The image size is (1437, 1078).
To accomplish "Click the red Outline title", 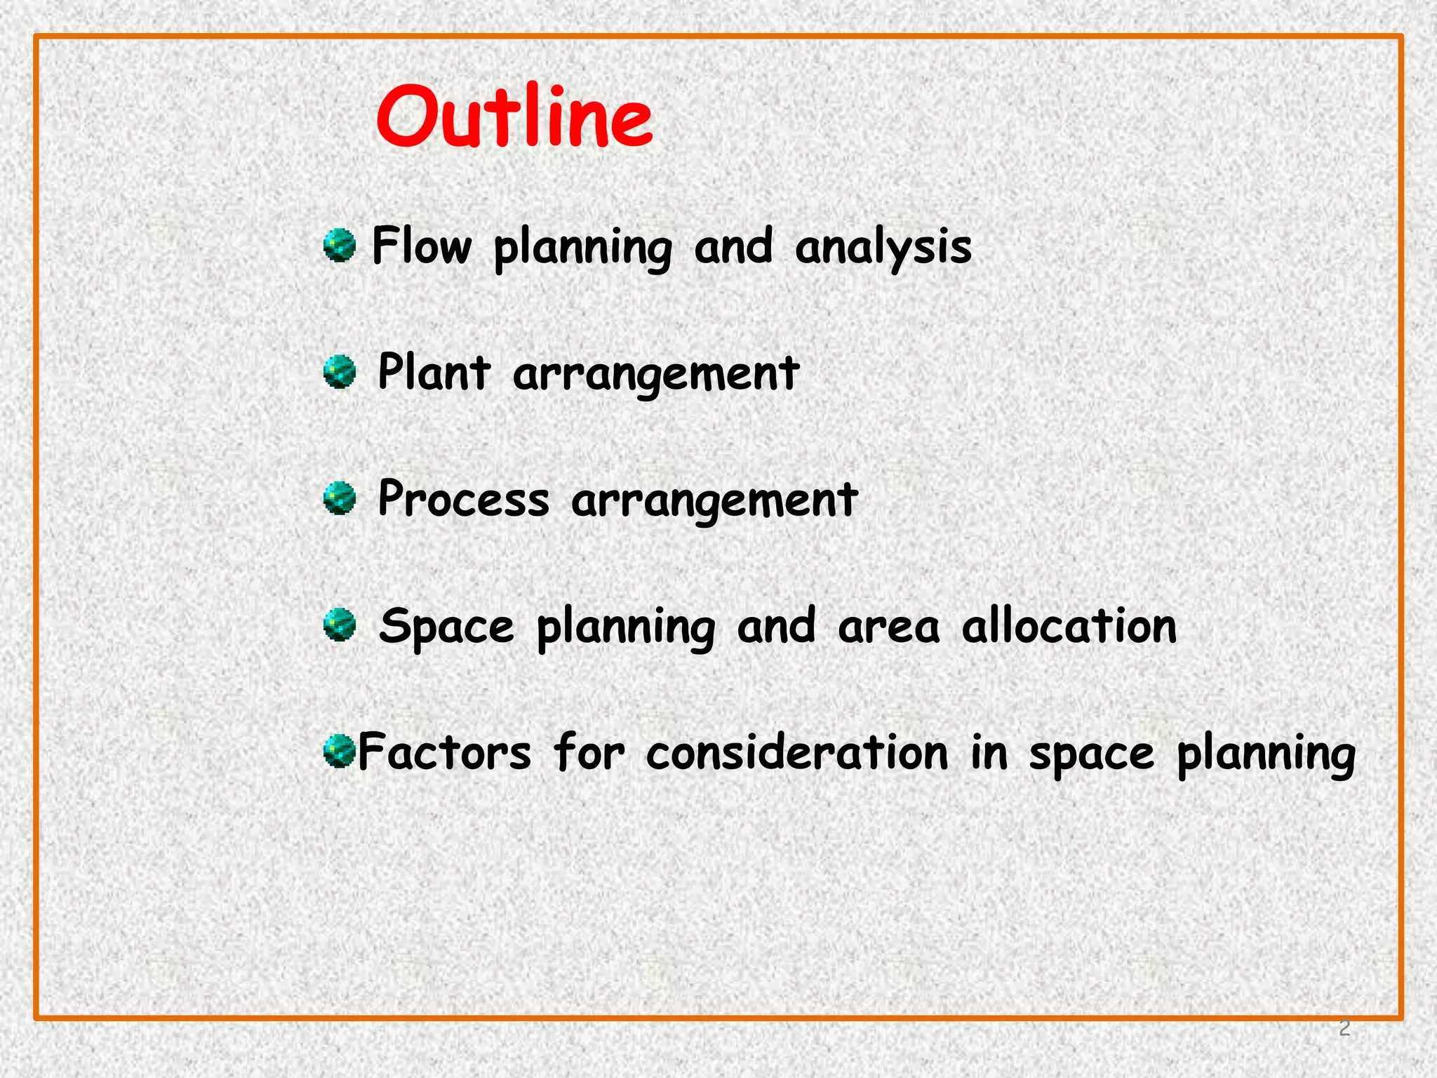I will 514,117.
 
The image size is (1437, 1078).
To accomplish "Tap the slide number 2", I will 1344,1028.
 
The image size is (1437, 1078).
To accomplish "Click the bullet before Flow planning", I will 340,246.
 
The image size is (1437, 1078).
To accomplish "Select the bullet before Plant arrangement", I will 340,372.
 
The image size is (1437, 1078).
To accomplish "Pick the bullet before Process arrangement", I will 340,498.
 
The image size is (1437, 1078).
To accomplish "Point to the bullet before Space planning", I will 340,625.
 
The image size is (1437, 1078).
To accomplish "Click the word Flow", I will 422,247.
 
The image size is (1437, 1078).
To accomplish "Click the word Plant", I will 434,373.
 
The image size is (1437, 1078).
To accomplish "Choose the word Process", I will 463,500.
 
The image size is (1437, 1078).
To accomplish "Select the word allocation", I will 1069,625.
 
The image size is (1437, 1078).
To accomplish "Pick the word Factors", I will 445,752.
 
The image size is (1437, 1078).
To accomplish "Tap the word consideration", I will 797,752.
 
